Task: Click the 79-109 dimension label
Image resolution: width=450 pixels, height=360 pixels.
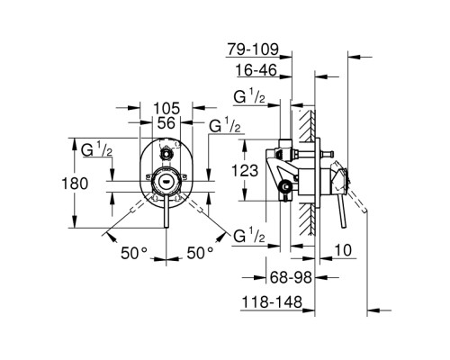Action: pos(253,49)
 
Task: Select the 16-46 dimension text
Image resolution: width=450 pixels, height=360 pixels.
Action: pos(256,70)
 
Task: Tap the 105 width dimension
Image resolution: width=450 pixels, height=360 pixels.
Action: pos(166,108)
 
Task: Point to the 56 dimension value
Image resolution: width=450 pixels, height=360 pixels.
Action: pos(166,122)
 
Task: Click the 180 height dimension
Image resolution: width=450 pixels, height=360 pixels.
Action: pos(75,184)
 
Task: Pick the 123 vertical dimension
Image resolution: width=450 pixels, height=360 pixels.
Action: pos(245,171)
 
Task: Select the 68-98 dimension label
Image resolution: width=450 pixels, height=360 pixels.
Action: pos(291,277)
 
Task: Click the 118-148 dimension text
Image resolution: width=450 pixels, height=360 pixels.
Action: pos(272,302)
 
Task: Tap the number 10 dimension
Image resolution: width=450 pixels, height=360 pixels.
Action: pos(343,250)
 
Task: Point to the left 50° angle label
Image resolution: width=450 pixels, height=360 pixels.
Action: pos(134,253)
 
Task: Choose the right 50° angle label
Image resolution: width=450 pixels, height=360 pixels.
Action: pos(200,253)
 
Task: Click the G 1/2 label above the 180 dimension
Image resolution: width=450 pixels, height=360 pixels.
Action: pos(96,149)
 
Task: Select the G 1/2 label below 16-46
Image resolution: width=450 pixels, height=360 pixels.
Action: pos(249,96)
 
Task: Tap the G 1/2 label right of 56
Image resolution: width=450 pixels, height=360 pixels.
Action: pos(225,125)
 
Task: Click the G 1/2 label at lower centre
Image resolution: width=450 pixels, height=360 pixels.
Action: pos(249,236)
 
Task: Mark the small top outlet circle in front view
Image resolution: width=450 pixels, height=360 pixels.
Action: pos(166,155)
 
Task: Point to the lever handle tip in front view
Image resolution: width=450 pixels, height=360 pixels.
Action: pos(166,226)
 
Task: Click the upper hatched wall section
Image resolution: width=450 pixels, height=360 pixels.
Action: pos(306,125)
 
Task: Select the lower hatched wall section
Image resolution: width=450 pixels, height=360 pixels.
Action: pos(306,219)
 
